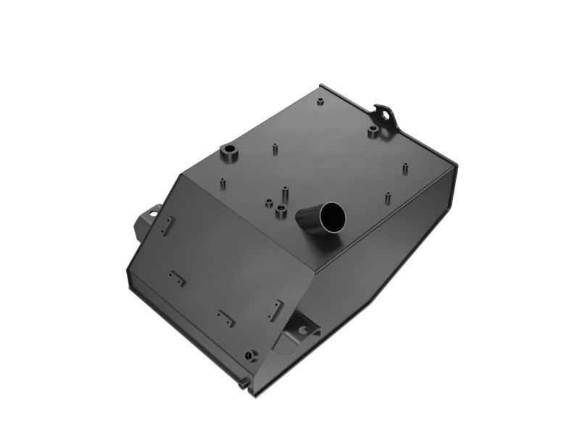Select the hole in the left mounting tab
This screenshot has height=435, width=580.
coord(152,214)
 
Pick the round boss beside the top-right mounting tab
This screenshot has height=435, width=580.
coord(371,132)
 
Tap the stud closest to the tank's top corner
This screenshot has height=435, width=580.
coord(320,98)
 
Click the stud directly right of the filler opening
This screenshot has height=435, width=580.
coord(388,196)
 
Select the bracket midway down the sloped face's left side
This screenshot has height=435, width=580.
coord(177,276)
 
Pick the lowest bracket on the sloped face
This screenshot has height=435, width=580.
coord(225,317)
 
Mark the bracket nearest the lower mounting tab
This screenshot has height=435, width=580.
coord(275,311)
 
